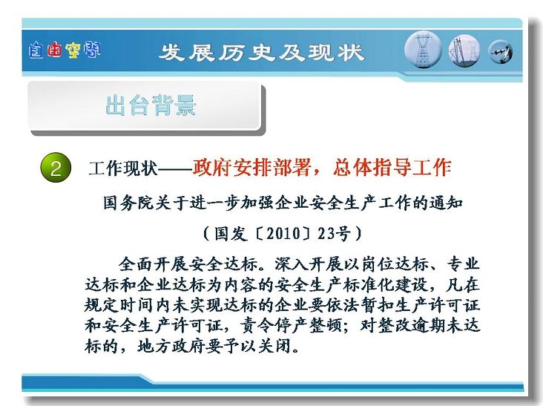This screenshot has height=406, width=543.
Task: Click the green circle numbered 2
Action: tap(56, 168)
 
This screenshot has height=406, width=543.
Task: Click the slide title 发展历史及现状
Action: tap(262, 53)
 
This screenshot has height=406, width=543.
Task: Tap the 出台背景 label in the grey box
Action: tap(151, 105)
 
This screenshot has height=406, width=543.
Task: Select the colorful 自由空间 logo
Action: tap(65, 50)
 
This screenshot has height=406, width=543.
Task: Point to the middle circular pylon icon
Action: tap(464, 51)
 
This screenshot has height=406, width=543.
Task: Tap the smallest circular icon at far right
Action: tap(500, 52)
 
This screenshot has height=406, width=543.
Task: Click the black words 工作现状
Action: tap(123, 168)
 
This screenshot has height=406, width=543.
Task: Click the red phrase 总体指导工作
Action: tap(392, 168)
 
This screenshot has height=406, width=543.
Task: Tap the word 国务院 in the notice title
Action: tap(128, 203)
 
